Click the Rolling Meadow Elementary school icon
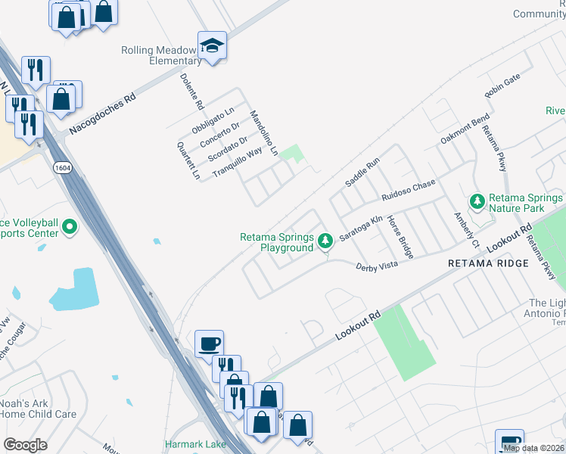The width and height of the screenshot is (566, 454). click(x=213, y=45)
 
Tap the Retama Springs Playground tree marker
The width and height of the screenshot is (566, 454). click(x=325, y=241)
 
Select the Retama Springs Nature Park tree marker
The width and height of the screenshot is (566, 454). click(x=477, y=201)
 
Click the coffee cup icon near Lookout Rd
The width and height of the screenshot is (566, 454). click(x=209, y=344)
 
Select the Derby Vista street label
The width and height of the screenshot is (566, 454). click(x=377, y=265)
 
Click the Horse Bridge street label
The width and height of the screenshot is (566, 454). click(x=400, y=238)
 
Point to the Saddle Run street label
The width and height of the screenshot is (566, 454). click(x=362, y=173)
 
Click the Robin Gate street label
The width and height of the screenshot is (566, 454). click(x=503, y=87)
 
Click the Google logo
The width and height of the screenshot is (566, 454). click(x=25, y=445)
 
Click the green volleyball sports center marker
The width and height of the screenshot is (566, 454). click(x=70, y=226)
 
